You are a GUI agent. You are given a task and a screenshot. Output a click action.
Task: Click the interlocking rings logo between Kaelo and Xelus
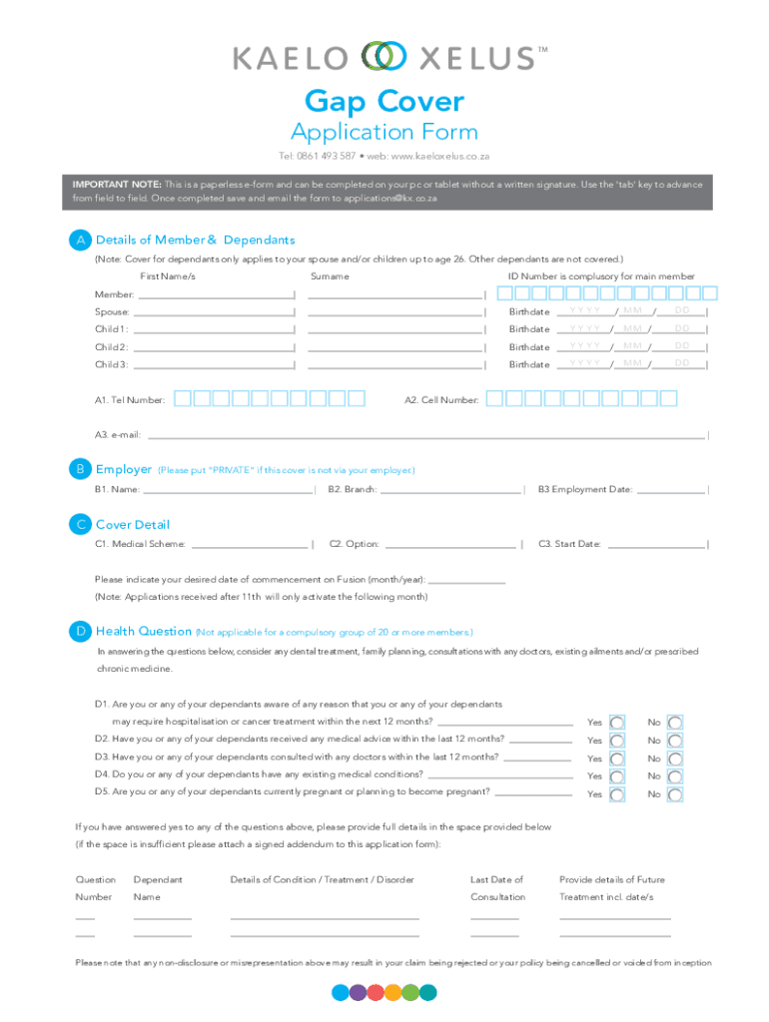[384, 57]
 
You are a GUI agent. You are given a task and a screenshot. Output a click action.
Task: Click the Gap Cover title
[384, 102]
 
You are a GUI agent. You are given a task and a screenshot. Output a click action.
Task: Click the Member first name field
[215, 293]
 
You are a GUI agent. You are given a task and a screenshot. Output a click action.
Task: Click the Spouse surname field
[395, 311]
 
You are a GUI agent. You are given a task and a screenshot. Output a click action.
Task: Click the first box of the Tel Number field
[182, 399]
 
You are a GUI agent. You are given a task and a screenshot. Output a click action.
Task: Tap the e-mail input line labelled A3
[426, 435]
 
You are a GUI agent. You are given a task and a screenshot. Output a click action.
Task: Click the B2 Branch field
[451, 489]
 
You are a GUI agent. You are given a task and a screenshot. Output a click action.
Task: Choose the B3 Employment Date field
[671, 489]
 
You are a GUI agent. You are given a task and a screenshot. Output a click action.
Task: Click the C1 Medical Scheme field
[249, 544]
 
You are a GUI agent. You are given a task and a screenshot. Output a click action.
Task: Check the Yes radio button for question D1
[618, 722]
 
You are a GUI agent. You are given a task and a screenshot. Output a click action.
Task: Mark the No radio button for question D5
[676, 794]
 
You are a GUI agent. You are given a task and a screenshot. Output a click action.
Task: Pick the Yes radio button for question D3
[618, 759]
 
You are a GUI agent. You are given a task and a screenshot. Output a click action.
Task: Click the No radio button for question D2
[676, 741]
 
